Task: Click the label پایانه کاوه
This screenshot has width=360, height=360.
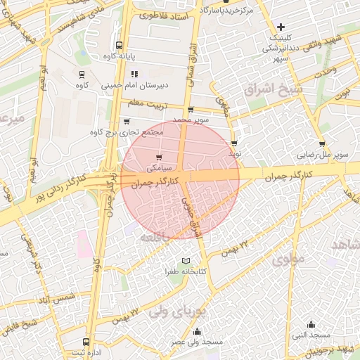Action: pyautogui.click(x=118, y=55)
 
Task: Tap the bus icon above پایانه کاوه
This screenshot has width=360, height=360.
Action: pyautogui.click(x=118, y=44)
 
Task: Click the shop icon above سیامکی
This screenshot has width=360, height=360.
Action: pyautogui.click(x=159, y=157)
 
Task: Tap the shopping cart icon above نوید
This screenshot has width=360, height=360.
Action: pyautogui.click(x=234, y=143)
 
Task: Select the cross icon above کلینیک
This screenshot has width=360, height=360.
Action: pyautogui.click(x=281, y=27)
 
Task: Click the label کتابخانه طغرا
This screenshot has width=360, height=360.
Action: pyautogui.click(x=185, y=271)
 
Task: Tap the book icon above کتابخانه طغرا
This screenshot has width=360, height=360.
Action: pyautogui.click(x=186, y=261)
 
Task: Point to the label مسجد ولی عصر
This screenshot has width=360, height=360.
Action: pyautogui.click(x=196, y=342)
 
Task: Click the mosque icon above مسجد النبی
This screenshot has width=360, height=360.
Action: pyautogui.click(x=311, y=324)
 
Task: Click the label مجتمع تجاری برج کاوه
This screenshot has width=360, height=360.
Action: pyautogui.click(x=127, y=131)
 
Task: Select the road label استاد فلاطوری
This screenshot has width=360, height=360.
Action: pyautogui.click(x=163, y=15)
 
